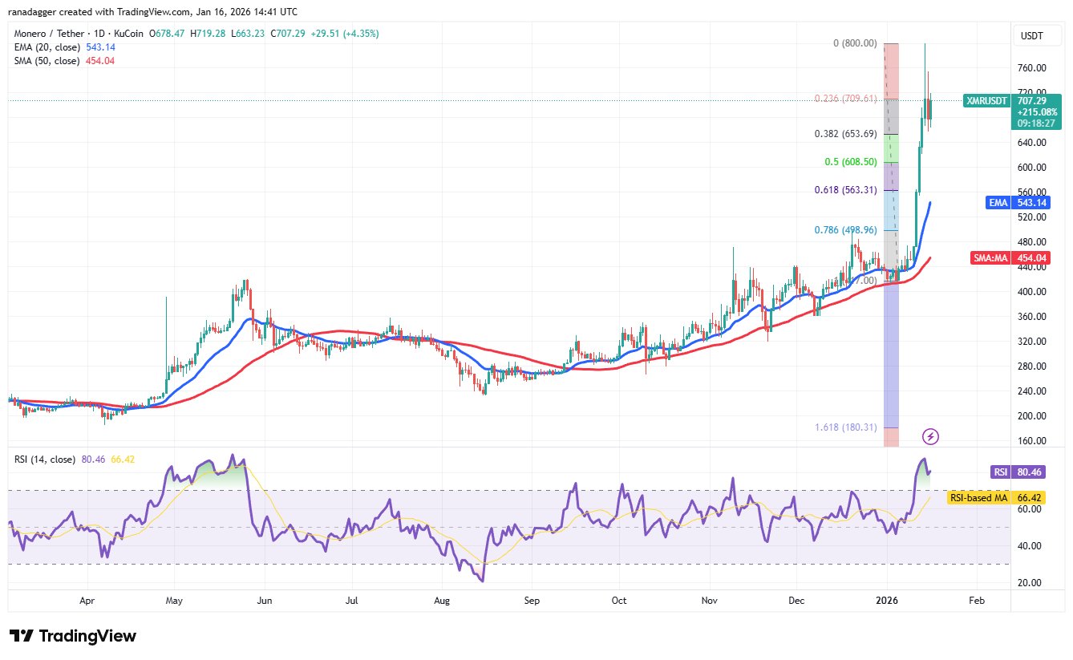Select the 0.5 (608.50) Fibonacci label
point(849,162)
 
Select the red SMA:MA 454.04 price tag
point(1024,258)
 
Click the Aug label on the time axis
point(440,599)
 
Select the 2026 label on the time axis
point(886,599)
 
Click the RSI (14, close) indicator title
point(46,460)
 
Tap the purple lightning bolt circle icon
point(930,436)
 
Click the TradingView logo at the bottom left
point(73,636)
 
